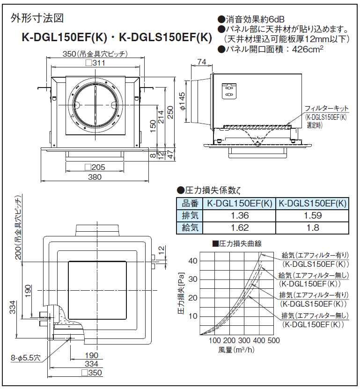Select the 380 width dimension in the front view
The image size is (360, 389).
(x=95, y=177)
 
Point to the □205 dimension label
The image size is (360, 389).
(x=95, y=167)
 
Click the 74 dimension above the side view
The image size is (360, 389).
(x=202, y=62)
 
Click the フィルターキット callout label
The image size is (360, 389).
(x=327, y=108)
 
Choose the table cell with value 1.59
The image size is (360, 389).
(x=312, y=216)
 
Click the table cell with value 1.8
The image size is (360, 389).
(x=312, y=228)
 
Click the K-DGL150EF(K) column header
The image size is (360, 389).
(x=240, y=204)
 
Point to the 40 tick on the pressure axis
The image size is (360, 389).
(x=193, y=261)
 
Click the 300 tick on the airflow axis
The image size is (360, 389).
(x=244, y=340)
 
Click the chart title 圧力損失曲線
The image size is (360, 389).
(x=239, y=243)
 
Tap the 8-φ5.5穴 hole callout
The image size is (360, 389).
(x=26, y=358)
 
